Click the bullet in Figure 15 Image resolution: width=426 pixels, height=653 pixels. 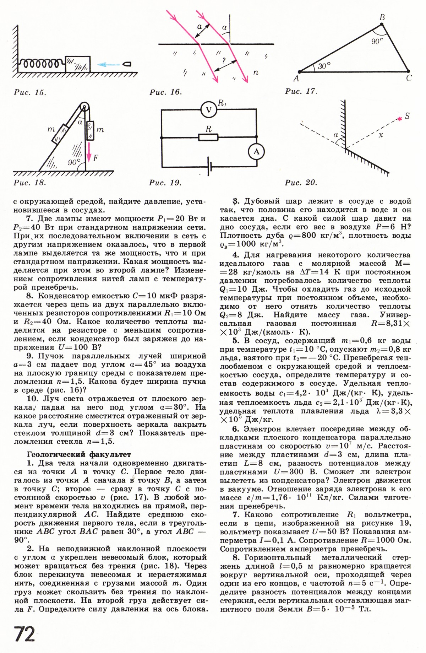coord(127,64)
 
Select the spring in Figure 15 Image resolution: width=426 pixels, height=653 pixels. coord(41,64)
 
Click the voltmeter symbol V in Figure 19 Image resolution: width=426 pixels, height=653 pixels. coord(208,109)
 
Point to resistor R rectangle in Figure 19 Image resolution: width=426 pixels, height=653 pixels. coord(208,137)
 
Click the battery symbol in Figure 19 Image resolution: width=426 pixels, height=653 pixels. coord(209,167)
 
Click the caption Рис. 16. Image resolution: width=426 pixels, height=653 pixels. coord(166,92)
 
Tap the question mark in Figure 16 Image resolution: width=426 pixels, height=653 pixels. coord(223,60)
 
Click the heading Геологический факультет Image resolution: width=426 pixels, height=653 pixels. coord(79,454)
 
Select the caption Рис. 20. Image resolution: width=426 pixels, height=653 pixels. coord(301,183)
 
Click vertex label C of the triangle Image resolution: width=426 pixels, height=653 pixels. coord(409,78)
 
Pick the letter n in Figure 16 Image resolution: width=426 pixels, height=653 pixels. coord(256,73)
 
